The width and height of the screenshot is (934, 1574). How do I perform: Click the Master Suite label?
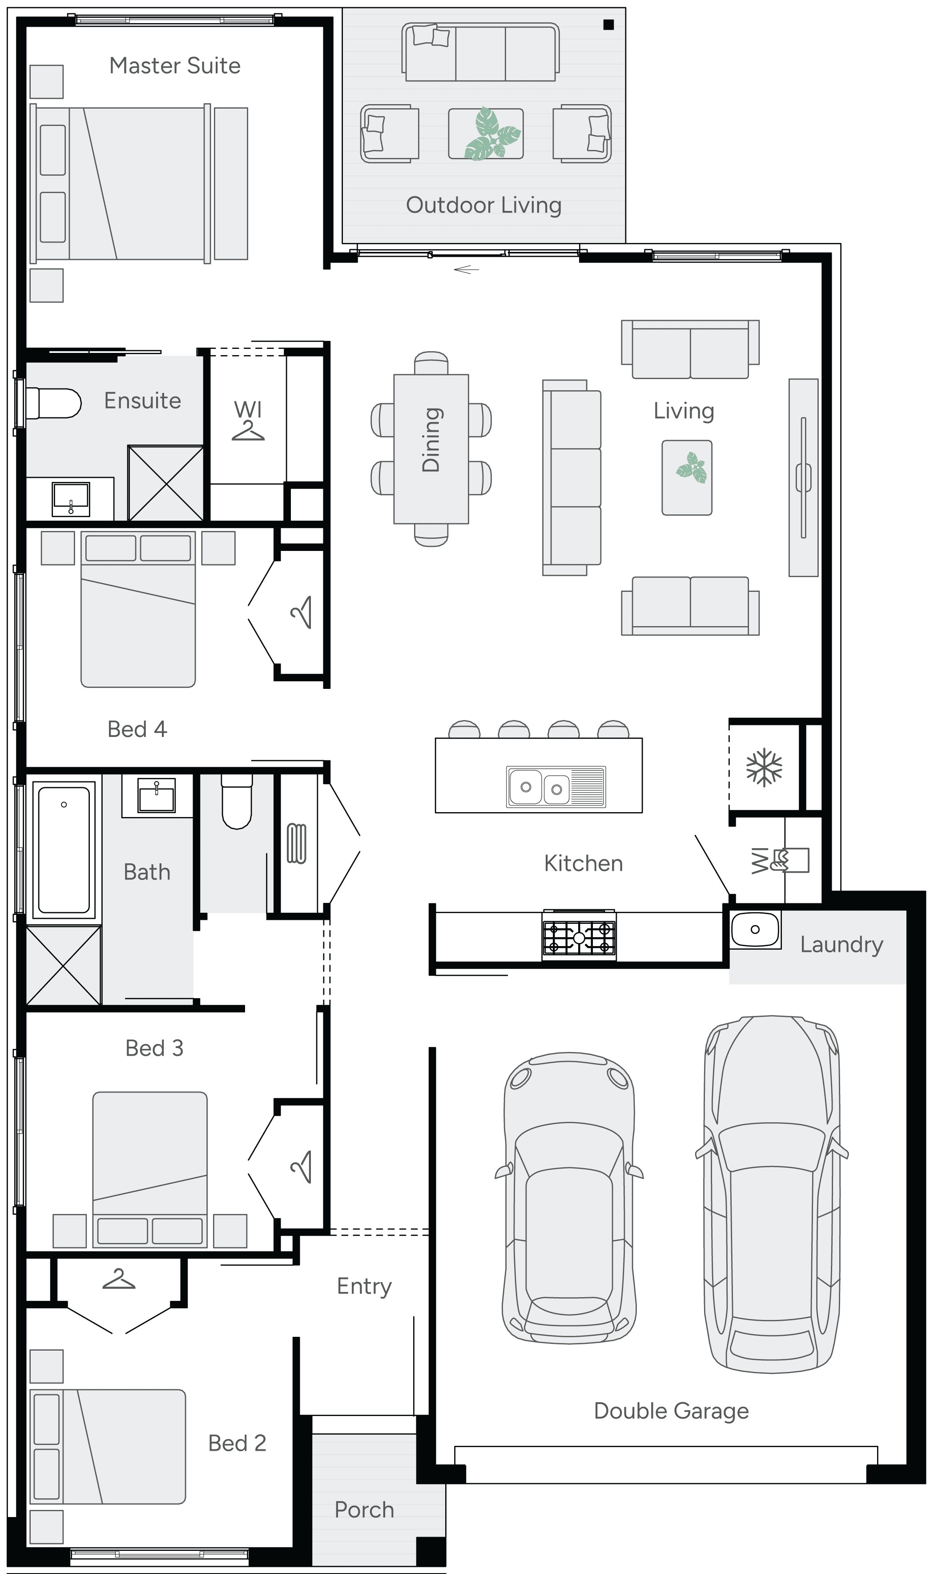click(x=175, y=65)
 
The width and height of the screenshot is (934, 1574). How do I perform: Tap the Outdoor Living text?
click(x=483, y=205)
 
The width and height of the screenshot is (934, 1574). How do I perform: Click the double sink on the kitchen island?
click(x=556, y=787)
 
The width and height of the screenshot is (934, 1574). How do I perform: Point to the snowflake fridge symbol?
click(x=764, y=768)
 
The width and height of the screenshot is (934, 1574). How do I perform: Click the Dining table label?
click(x=431, y=440)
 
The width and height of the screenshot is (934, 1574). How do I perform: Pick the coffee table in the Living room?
click(x=687, y=477)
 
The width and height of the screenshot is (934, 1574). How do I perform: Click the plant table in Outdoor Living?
click(x=485, y=134)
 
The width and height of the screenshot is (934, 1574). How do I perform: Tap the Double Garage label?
click(x=671, y=1411)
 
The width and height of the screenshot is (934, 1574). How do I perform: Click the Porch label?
click(x=364, y=1510)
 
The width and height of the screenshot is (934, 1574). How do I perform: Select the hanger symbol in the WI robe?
click(x=248, y=431)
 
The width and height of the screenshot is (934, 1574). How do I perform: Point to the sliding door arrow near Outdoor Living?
click(x=467, y=270)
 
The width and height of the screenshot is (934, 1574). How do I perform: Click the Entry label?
click(x=364, y=1286)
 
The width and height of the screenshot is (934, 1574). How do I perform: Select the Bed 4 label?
click(x=137, y=729)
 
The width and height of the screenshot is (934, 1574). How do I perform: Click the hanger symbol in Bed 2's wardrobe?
click(x=118, y=1279)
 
